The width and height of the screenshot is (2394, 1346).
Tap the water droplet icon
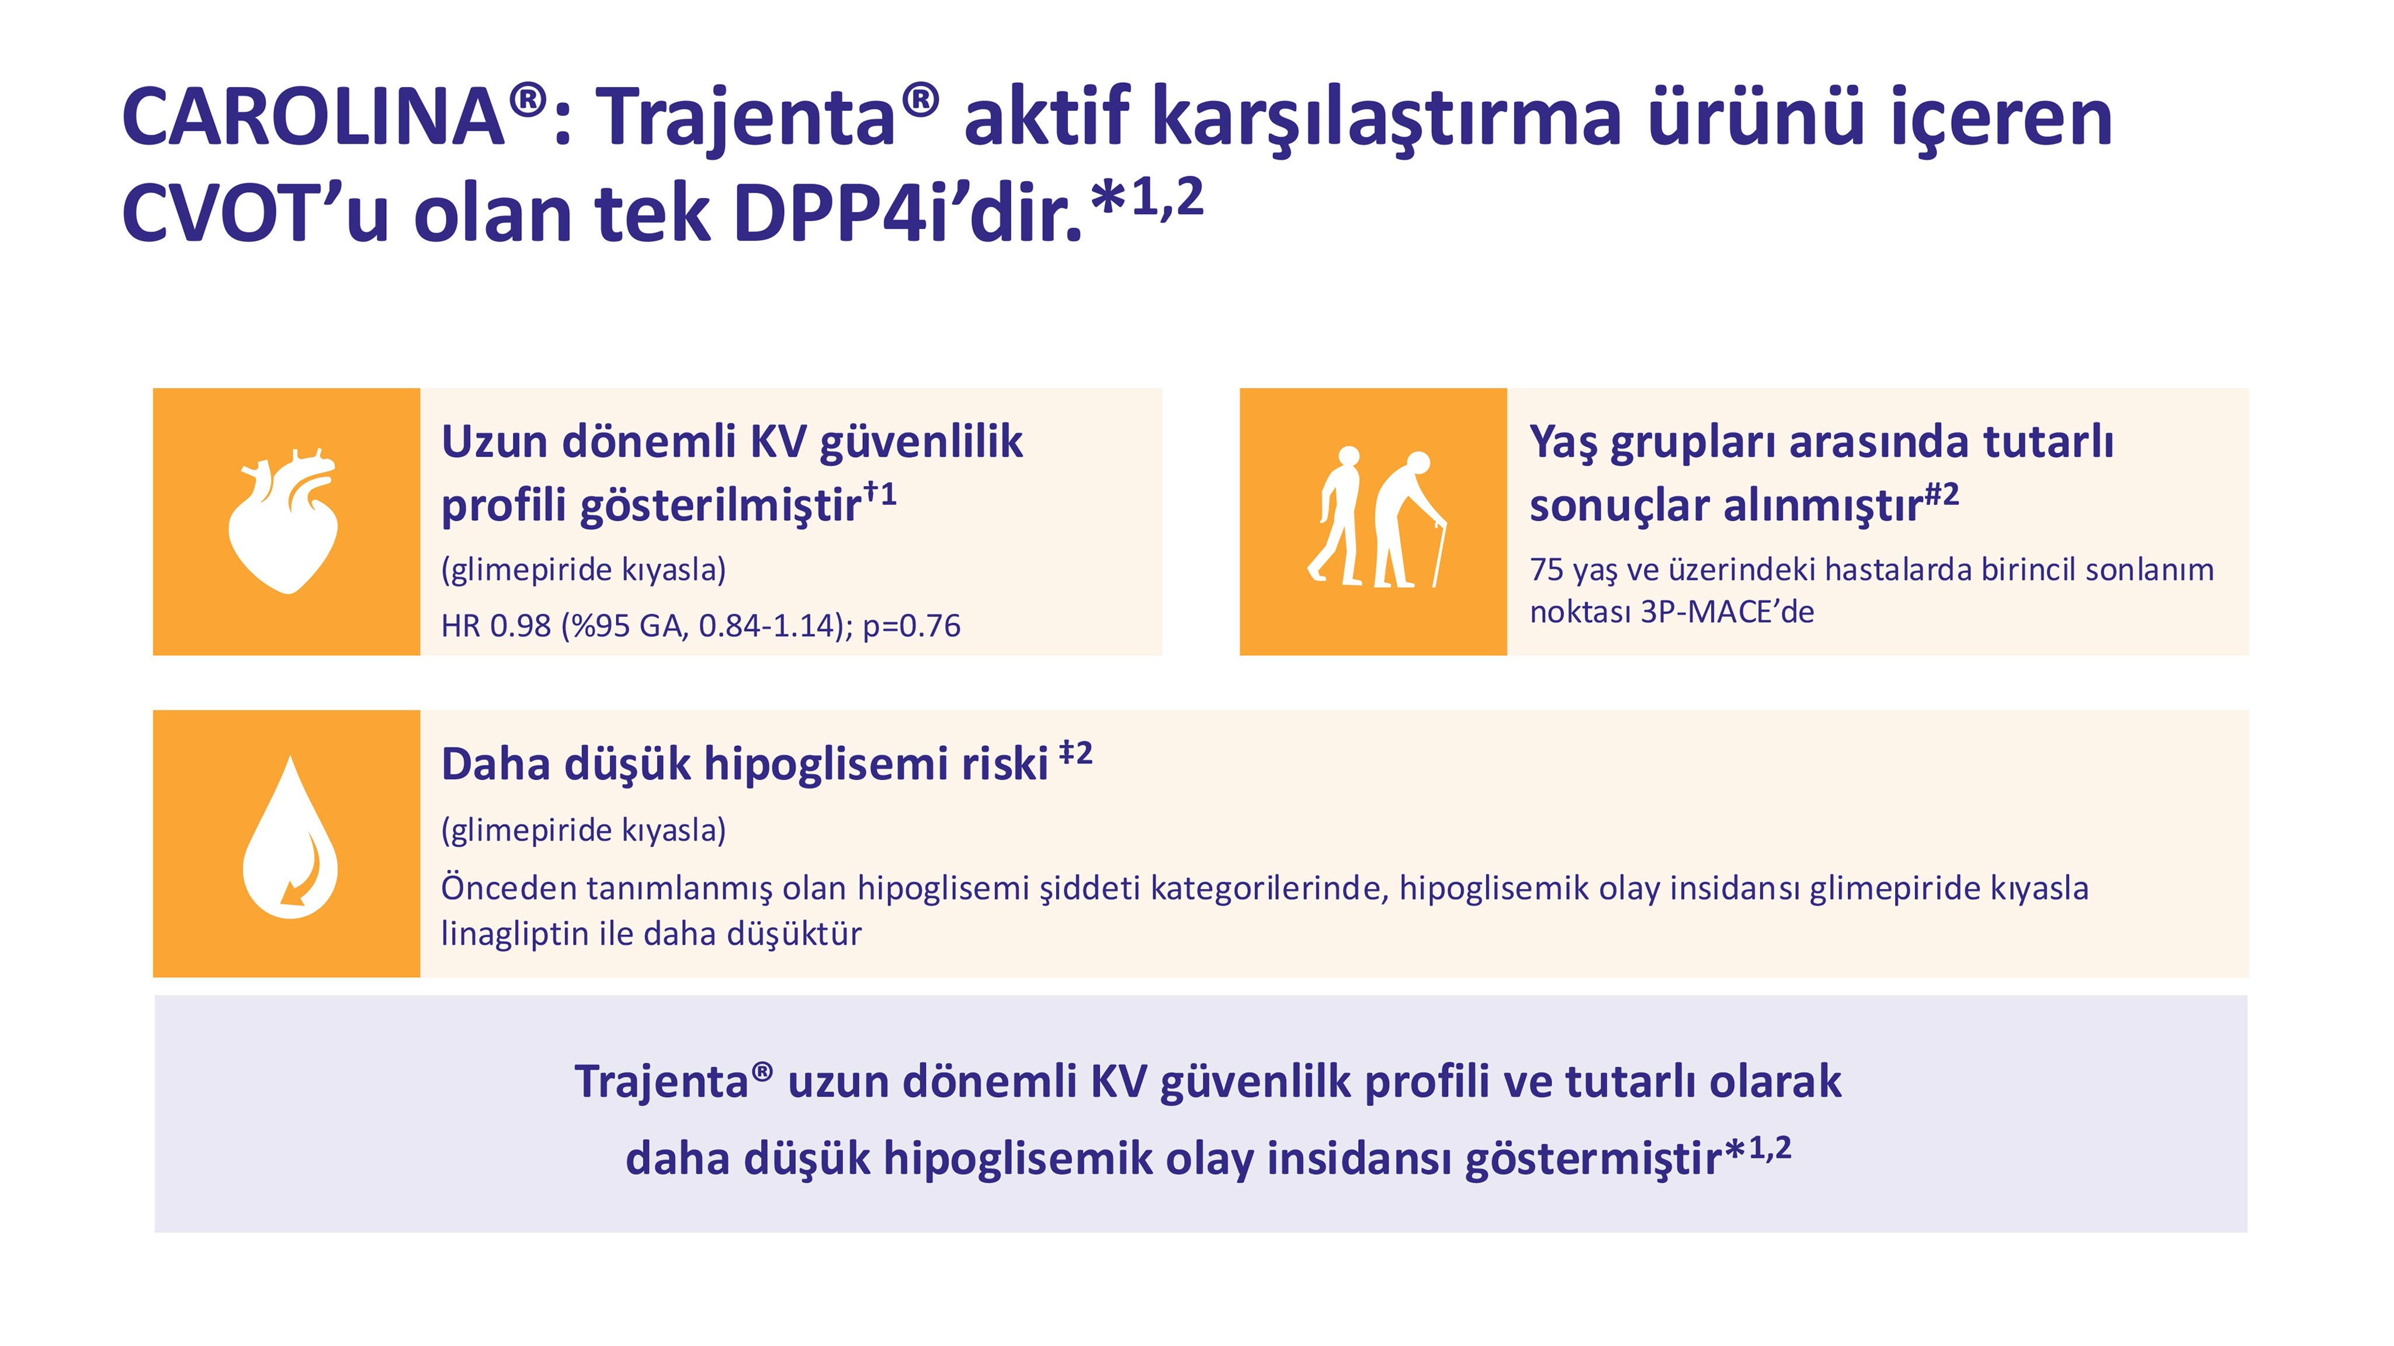290,841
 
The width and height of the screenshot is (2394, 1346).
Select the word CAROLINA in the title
313,118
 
